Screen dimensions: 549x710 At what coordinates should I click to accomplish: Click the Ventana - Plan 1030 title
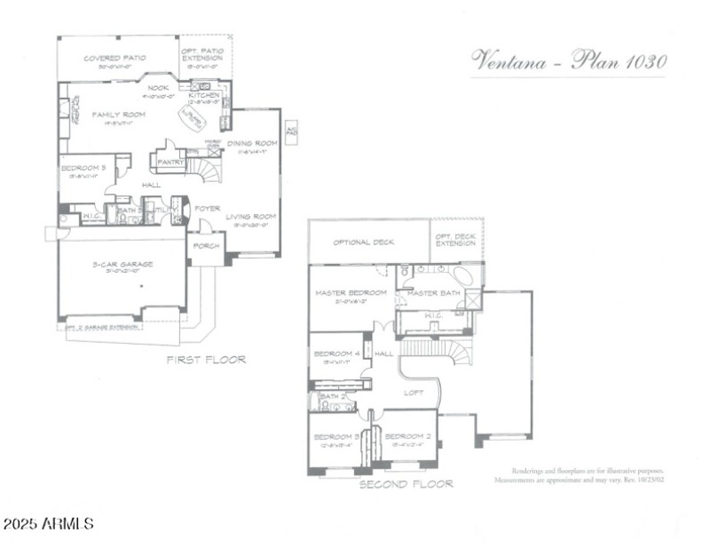(568, 61)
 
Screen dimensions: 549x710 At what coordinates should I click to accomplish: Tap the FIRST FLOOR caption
(206, 360)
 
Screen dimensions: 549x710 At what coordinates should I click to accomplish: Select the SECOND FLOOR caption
(406, 484)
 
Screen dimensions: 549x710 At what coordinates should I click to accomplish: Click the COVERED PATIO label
(115, 59)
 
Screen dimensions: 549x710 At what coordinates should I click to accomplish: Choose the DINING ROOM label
(253, 143)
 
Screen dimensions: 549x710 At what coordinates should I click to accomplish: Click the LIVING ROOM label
(250, 216)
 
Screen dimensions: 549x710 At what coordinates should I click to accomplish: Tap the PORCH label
(207, 246)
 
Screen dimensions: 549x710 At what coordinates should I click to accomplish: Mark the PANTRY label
(170, 163)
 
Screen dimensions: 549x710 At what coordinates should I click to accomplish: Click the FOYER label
(208, 209)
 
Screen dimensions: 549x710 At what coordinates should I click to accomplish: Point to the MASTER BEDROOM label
(351, 293)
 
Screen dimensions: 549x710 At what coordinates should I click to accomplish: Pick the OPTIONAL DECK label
(364, 242)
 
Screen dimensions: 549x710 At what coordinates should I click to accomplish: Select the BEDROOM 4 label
(336, 354)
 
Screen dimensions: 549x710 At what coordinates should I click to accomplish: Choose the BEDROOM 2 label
(407, 436)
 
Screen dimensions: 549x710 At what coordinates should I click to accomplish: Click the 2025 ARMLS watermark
(48, 524)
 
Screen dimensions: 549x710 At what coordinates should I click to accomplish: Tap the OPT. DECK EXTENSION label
(455, 238)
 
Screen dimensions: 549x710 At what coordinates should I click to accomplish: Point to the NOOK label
(158, 88)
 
